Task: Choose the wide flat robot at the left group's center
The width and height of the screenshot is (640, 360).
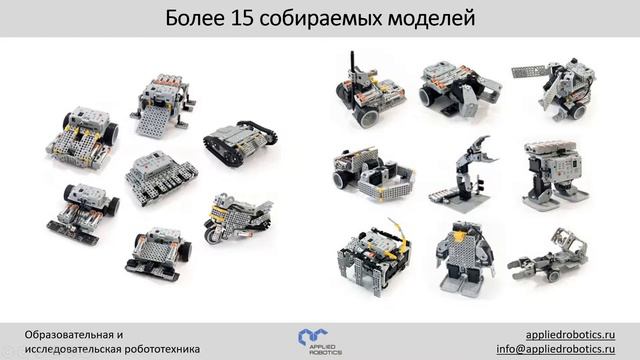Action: pyautogui.click(x=161, y=177)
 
